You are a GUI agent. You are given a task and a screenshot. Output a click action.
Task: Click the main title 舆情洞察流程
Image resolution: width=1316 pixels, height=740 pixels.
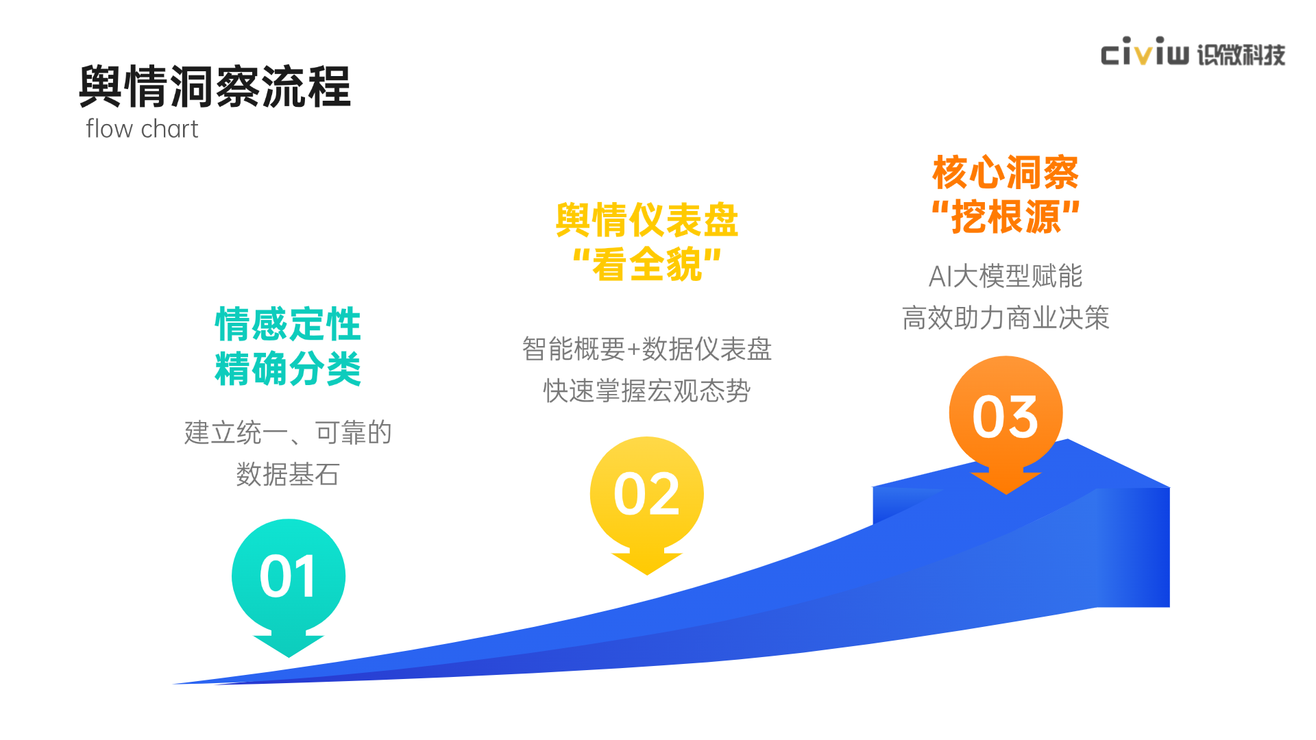click(x=215, y=87)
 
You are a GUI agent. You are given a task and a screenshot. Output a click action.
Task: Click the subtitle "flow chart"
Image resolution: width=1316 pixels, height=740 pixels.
click(x=142, y=129)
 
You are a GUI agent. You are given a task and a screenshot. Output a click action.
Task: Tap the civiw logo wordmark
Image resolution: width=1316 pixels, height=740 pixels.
click(x=1145, y=51)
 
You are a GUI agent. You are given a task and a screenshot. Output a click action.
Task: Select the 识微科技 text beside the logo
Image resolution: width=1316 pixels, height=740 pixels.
click(x=1241, y=54)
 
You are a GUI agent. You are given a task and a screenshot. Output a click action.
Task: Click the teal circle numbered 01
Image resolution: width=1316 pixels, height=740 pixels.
click(x=289, y=576)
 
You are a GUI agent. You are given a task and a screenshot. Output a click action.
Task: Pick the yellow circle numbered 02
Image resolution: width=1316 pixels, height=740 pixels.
click(x=647, y=493)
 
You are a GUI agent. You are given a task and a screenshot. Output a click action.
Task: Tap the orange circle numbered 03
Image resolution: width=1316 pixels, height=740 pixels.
click(x=1006, y=413)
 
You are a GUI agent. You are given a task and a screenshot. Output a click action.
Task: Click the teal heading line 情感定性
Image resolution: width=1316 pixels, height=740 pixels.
click(x=288, y=324)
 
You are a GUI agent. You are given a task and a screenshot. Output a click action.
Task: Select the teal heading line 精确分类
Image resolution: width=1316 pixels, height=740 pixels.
click(x=288, y=369)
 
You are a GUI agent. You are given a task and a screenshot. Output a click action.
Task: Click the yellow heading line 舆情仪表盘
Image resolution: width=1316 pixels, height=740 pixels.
click(x=647, y=220)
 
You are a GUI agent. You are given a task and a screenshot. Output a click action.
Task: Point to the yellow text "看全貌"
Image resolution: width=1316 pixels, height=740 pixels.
click(x=647, y=264)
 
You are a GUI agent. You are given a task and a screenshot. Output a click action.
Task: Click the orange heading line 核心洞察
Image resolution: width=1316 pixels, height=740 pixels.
click(x=1006, y=172)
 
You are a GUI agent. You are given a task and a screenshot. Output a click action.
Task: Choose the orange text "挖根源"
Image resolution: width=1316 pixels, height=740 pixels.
click(x=1006, y=217)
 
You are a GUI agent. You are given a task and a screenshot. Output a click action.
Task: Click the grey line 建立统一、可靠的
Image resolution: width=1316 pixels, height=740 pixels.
click(x=288, y=433)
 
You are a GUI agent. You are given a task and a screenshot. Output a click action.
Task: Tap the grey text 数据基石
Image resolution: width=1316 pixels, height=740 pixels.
click(x=288, y=474)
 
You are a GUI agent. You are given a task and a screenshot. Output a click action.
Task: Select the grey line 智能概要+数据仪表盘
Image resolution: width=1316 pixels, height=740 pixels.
click(x=647, y=349)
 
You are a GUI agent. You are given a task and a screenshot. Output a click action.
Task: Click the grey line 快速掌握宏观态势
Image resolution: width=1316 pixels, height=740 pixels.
click(x=647, y=391)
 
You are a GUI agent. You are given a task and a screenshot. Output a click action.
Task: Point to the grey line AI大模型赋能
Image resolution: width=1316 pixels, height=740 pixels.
click(x=1006, y=276)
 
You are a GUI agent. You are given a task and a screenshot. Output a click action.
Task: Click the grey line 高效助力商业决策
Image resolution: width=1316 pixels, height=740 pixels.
click(x=1006, y=318)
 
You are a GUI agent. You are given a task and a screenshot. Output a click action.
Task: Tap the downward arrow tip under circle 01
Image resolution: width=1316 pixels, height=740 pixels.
click(x=289, y=657)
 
